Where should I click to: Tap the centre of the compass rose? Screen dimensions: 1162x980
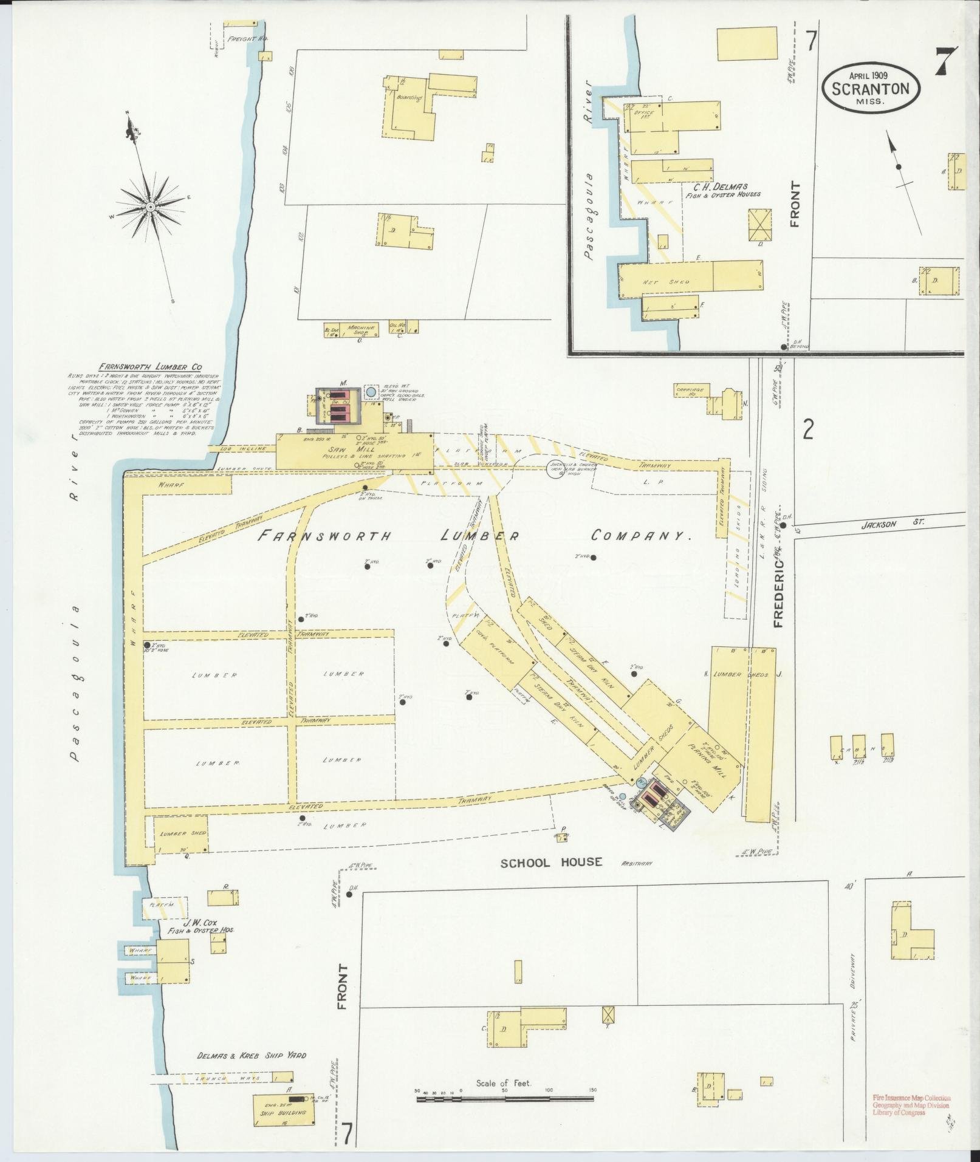(149, 207)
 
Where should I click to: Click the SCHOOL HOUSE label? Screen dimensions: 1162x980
(551, 862)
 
